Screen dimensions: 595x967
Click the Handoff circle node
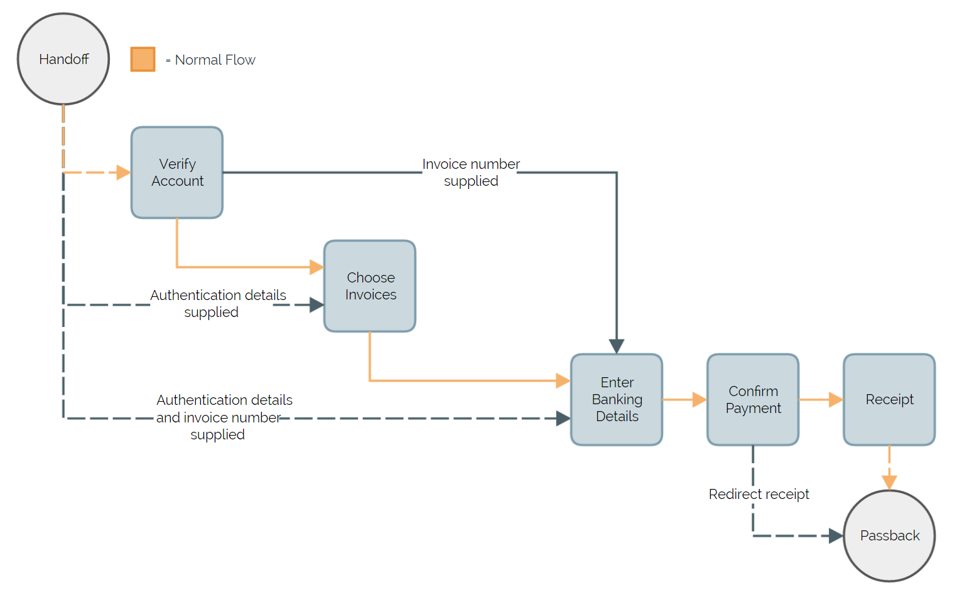pyautogui.click(x=63, y=59)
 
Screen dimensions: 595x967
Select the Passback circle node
pyautogui.click(x=889, y=535)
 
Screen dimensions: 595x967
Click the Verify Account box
pyautogui.click(x=177, y=173)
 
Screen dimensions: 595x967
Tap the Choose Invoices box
pyautogui.click(x=370, y=286)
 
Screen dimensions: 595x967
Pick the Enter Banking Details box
pyautogui.click(x=617, y=399)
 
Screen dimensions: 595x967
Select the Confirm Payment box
pyautogui.click(x=753, y=399)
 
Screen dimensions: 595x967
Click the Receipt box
pyautogui.click(x=889, y=399)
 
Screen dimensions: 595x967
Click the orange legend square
pyautogui.click(x=143, y=59)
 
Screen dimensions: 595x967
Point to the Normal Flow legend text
pyautogui.click(x=214, y=60)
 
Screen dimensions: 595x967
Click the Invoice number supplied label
pyautogui.click(x=471, y=173)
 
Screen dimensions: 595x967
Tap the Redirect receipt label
pyautogui.click(x=759, y=494)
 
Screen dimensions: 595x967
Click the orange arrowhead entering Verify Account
pyautogui.click(x=124, y=172)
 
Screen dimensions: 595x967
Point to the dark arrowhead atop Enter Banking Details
pyautogui.click(x=617, y=346)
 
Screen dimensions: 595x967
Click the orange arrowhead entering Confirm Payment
pyautogui.click(x=700, y=399)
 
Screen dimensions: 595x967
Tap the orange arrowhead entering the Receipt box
pyautogui.click(x=836, y=399)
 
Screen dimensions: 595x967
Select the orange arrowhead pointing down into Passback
pyautogui.click(x=889, y=482)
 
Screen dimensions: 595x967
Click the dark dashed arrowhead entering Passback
pyautogui.click(x=836, y=535)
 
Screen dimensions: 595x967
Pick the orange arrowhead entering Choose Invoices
pyautogui.click(x=316, y=267)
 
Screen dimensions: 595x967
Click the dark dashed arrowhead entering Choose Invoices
pyautogui.click(x=316, y=305)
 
